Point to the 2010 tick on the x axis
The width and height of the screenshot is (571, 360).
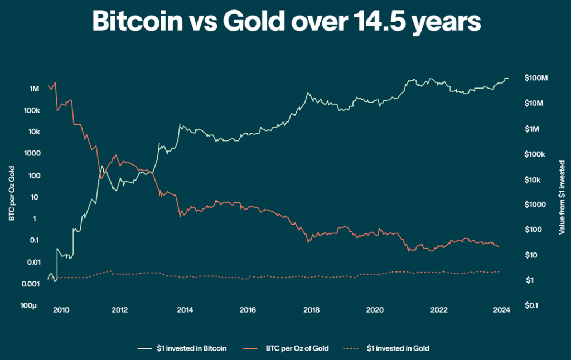(x=61, y=310)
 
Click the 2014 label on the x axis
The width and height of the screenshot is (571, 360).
(x=186, y=310)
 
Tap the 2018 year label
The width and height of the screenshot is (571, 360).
(x=311, y=310)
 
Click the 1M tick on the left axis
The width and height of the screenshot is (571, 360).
(x=34, y=89)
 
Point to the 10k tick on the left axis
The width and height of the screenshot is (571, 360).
(x=33, y=132)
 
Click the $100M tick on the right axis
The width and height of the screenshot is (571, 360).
(x=536, y=78)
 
